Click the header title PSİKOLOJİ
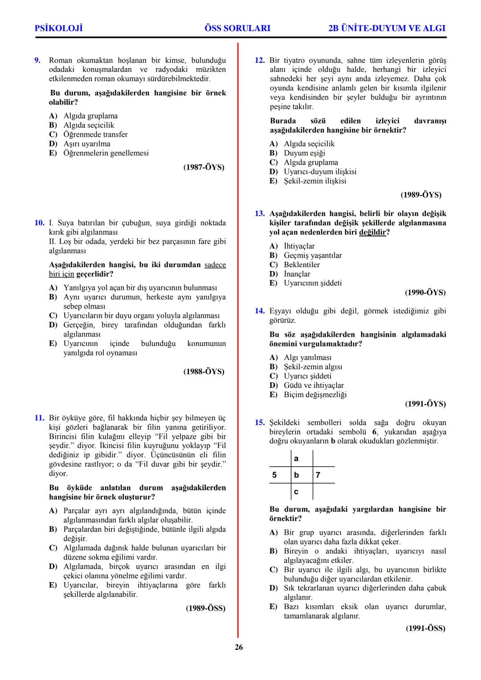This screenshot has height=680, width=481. pos(59,28)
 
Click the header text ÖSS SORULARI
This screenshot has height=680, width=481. pos(237,28)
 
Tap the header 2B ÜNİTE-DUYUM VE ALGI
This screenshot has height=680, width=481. pos(387,28)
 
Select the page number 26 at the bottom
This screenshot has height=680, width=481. pos(239,647)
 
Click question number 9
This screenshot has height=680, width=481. pos(38,60)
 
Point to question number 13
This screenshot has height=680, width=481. pos(260,214)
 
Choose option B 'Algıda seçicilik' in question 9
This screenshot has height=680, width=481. pos(89,125)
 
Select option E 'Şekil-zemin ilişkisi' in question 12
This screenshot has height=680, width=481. pos(314,181)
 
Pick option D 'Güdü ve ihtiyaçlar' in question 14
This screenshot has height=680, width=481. pos(314,385)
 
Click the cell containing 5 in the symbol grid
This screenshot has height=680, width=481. pos(274,475)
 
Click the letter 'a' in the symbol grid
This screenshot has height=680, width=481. pos(296,459)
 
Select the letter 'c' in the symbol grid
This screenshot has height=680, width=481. pos(296,492)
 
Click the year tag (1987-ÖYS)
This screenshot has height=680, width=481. pos(204,167)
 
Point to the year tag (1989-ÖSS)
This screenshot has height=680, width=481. pos(205,608)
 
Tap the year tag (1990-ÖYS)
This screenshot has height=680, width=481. pos(425,293)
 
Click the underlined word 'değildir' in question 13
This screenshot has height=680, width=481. pos(372,232)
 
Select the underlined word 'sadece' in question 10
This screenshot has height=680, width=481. pos(215,265)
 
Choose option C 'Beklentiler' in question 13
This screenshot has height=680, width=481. pos(302,265)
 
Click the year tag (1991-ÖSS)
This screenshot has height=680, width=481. pos(425,628)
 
